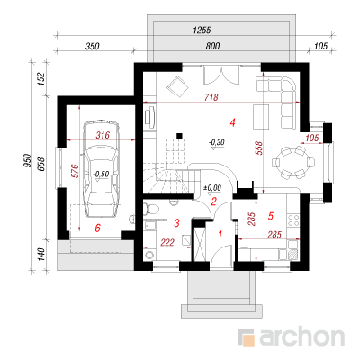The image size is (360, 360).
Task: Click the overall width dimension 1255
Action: pyautogui.click(x=202, y=30)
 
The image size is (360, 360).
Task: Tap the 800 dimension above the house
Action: pyautogui.click(x=212, y=46)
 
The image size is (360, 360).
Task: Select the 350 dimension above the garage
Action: pyautogui.click(x=93, y=47)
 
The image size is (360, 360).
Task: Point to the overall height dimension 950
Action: pyautogui.click(x=28, y=161)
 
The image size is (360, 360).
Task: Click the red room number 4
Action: pyautogui.click(x=232, y=122)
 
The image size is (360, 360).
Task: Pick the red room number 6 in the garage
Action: pyautogui.click(x=97, y=229)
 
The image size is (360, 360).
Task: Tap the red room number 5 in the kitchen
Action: pyautogui.click(x=271, y=216)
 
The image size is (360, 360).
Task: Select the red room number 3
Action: pyautogui.click(x=177, y=223)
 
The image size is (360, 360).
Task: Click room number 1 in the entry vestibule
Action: pyautogui.click(x=220, y=235)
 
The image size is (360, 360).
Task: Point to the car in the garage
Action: pyautogui.click(x=101, y=168)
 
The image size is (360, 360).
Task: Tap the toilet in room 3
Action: pyautogui.click(x=151, y=208)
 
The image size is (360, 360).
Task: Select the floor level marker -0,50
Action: pyautogui.click(x=101, y=174)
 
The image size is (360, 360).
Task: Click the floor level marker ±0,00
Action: pyautogui.click(x=212, y=188)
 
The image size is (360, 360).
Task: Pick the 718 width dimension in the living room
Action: pyautogui.click(x=211, y=97)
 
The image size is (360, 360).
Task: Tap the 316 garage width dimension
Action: pyautogui.click(x=103, y=135)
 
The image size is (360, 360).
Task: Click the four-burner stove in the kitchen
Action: pyautogui.click(x=293, y=220)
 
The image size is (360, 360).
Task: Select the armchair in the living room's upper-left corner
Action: pyautogui.click(x=177, y=87)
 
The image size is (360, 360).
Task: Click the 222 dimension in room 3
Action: pyautogui.click(x=167, y=242)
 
